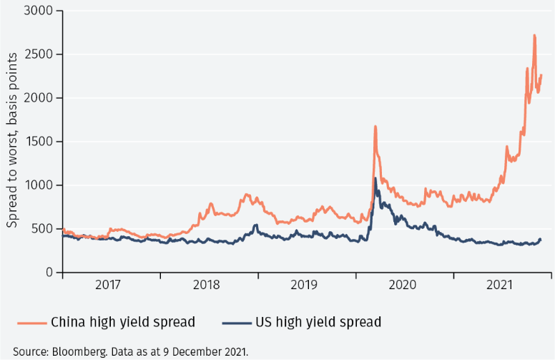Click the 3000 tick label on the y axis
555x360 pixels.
click(x=39, y=11)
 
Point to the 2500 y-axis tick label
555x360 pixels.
click(x=39, y=54)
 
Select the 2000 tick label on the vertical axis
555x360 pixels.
click(x=39, y=98)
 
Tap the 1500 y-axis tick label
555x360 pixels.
click(x=39, y=142)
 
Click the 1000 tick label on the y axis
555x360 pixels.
click(x=39, y=185)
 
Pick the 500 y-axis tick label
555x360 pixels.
click(x=43, y=229)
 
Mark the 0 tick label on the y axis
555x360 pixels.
click(x=49, y=273)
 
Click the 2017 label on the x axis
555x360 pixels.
click(x=108, y=285)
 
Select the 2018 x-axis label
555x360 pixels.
click(x=206, y=285)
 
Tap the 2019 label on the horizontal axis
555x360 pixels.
click(x=304, y=285)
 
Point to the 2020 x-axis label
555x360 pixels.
click(x=402, y=285)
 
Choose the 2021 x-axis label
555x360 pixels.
click(x=500, y=285)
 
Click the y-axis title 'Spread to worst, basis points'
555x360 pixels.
click(x=14, y=142)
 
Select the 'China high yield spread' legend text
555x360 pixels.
click(x=123, y=322)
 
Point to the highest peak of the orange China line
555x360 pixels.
click(x=534, y=35)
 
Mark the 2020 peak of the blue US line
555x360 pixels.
click(x=375, y=179)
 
